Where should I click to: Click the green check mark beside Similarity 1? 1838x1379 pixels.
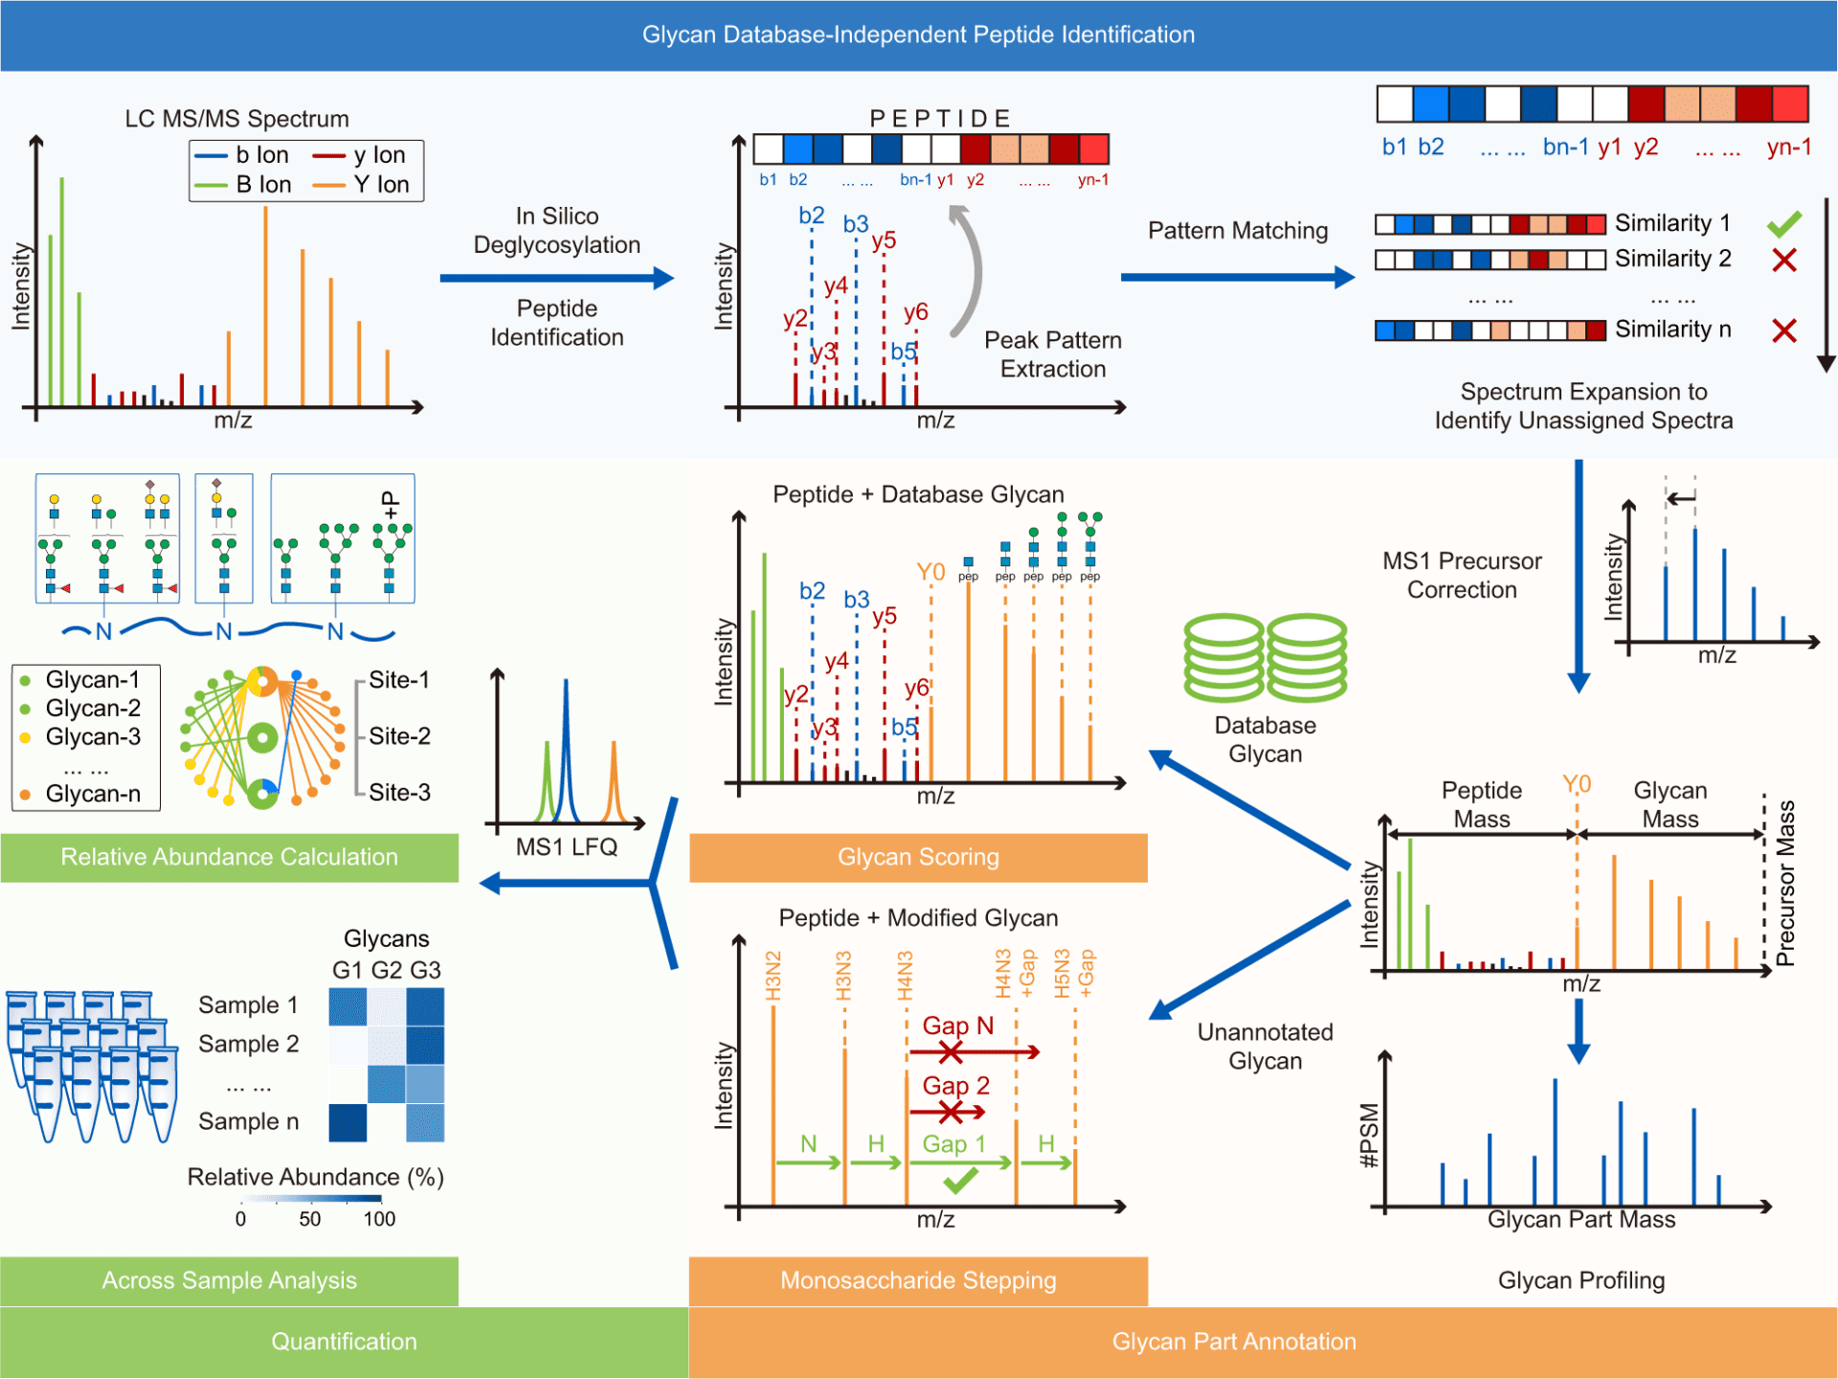pos(1784,224)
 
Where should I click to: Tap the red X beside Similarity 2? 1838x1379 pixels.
pos(1784,260)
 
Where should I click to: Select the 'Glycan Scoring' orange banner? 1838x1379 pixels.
pos(918,857)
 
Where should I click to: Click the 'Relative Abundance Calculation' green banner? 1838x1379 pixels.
pos(229,857)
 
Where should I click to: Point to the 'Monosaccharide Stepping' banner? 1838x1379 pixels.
pos(918,1280)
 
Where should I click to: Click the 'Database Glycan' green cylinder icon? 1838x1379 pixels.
pos(1265,659)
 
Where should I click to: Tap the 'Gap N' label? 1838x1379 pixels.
pos(957,1026)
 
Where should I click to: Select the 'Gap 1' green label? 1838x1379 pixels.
pos(953,1143)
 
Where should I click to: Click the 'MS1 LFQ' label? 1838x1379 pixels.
pos(567,847)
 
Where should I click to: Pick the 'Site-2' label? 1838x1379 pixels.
pos(399,735)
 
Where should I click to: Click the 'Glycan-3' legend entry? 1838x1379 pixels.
pos(93,736)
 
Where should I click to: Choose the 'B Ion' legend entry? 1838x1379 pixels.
pos(263,185)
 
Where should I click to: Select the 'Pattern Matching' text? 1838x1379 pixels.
pos(1238,231)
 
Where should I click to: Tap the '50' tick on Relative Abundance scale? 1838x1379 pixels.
pos(310,1219)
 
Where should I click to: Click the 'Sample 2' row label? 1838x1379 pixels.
pos(248,1044)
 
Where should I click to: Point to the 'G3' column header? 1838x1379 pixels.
pos(425,970)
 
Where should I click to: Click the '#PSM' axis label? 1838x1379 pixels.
pos(1370,1136)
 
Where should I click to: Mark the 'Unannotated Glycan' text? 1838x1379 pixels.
pos(1265,1046)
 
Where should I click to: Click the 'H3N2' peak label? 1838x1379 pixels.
pos(773,975)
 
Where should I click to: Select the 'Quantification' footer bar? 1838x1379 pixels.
pos(344,1342)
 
